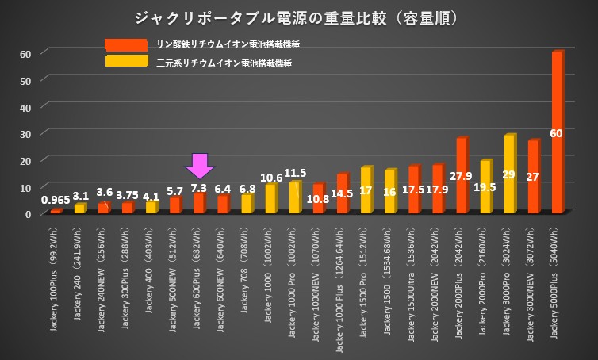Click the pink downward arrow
pos(199,165)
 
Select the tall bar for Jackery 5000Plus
pos(557,131)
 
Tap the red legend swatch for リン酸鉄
pos(125,45)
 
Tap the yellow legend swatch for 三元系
pos(125,61)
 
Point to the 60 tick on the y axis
pos(25,53)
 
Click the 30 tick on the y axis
pos(25,133)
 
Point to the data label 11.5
pos(295,173)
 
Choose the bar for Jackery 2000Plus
pos(461,174)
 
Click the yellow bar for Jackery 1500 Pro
pos(366,190)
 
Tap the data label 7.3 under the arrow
pos(199,187)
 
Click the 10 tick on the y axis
pos(25,187)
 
